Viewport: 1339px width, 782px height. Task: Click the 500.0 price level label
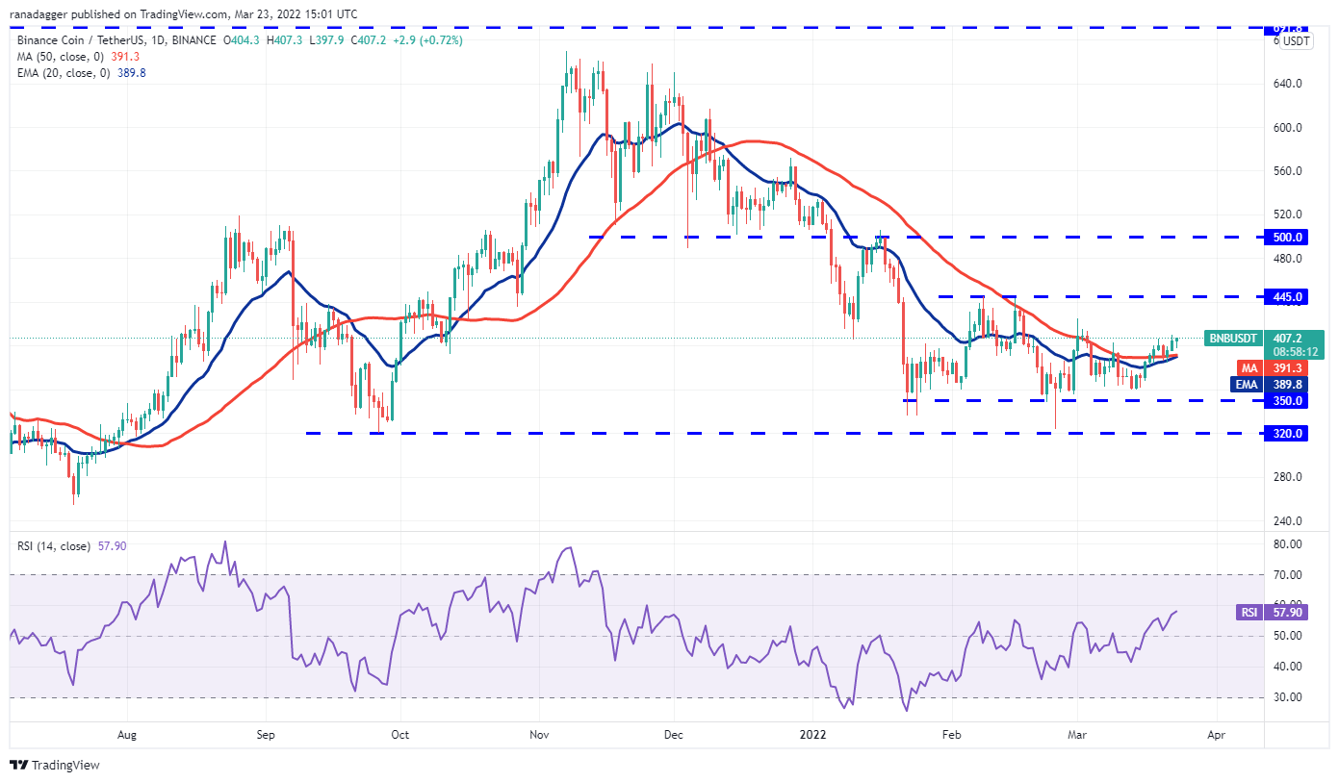(x=1288, y=237)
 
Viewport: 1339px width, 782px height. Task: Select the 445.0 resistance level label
(x=1288, y=296)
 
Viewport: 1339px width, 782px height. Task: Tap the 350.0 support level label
(x=1288, y=400)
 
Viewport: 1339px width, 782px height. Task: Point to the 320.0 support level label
(x=1288, y=433)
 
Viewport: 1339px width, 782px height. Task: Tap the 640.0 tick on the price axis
(x=1288, y=84)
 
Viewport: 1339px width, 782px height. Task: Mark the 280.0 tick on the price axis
(x=1288, y=477)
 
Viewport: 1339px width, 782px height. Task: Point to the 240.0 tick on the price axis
(x=1288, y=521)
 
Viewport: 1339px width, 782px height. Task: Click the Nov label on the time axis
(x=539, y=734)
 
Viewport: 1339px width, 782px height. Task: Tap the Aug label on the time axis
(x=127, y=734)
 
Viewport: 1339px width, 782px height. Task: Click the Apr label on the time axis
(x=1216, y=734)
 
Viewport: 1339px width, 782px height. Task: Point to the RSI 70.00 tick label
(x=1288, y=574)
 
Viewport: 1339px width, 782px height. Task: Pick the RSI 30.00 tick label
(x=1288, y=697)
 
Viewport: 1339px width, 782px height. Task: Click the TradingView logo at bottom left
(x=55, y=766)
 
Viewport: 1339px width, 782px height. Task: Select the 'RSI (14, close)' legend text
(x=54, y=546)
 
